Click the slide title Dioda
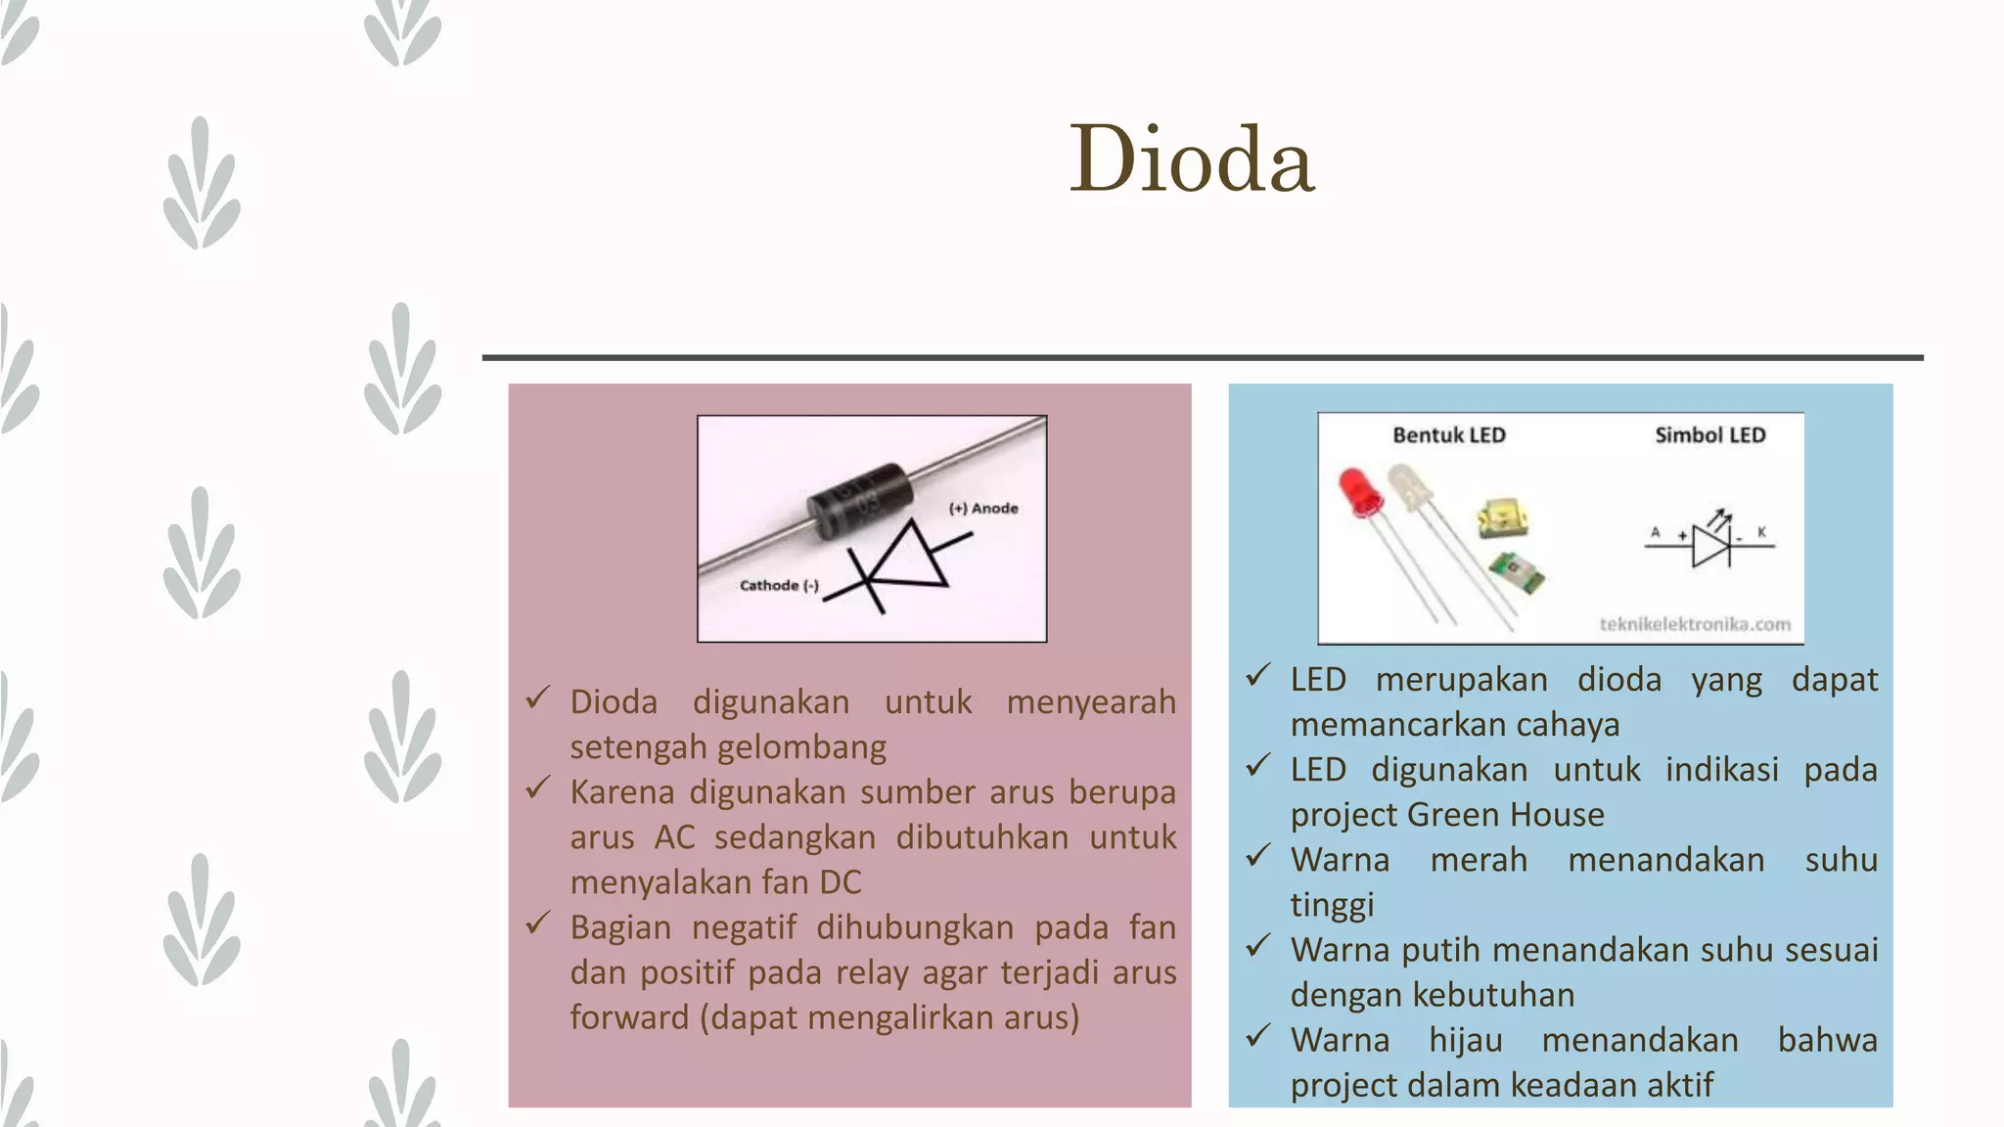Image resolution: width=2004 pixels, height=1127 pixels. coord(1191,158)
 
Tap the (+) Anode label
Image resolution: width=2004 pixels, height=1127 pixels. coord(983,508)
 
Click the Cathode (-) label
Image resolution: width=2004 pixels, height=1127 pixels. coord(779,585)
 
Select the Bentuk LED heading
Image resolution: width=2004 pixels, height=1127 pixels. coord(1448,435)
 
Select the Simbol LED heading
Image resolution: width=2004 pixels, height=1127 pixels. coord(1709,435)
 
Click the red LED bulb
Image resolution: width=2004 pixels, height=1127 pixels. coord(1360,491)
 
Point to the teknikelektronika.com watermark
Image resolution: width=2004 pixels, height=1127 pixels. coord(1695,624)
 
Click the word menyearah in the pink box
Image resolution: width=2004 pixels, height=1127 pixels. coord(1090,702)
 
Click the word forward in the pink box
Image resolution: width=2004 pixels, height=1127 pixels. coord(629,1017)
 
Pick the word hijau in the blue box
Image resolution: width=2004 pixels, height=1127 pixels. coord(1465,1040)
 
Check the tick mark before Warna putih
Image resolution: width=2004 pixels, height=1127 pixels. coord(1258,946)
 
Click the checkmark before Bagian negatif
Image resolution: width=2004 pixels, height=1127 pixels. coord(538,923)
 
